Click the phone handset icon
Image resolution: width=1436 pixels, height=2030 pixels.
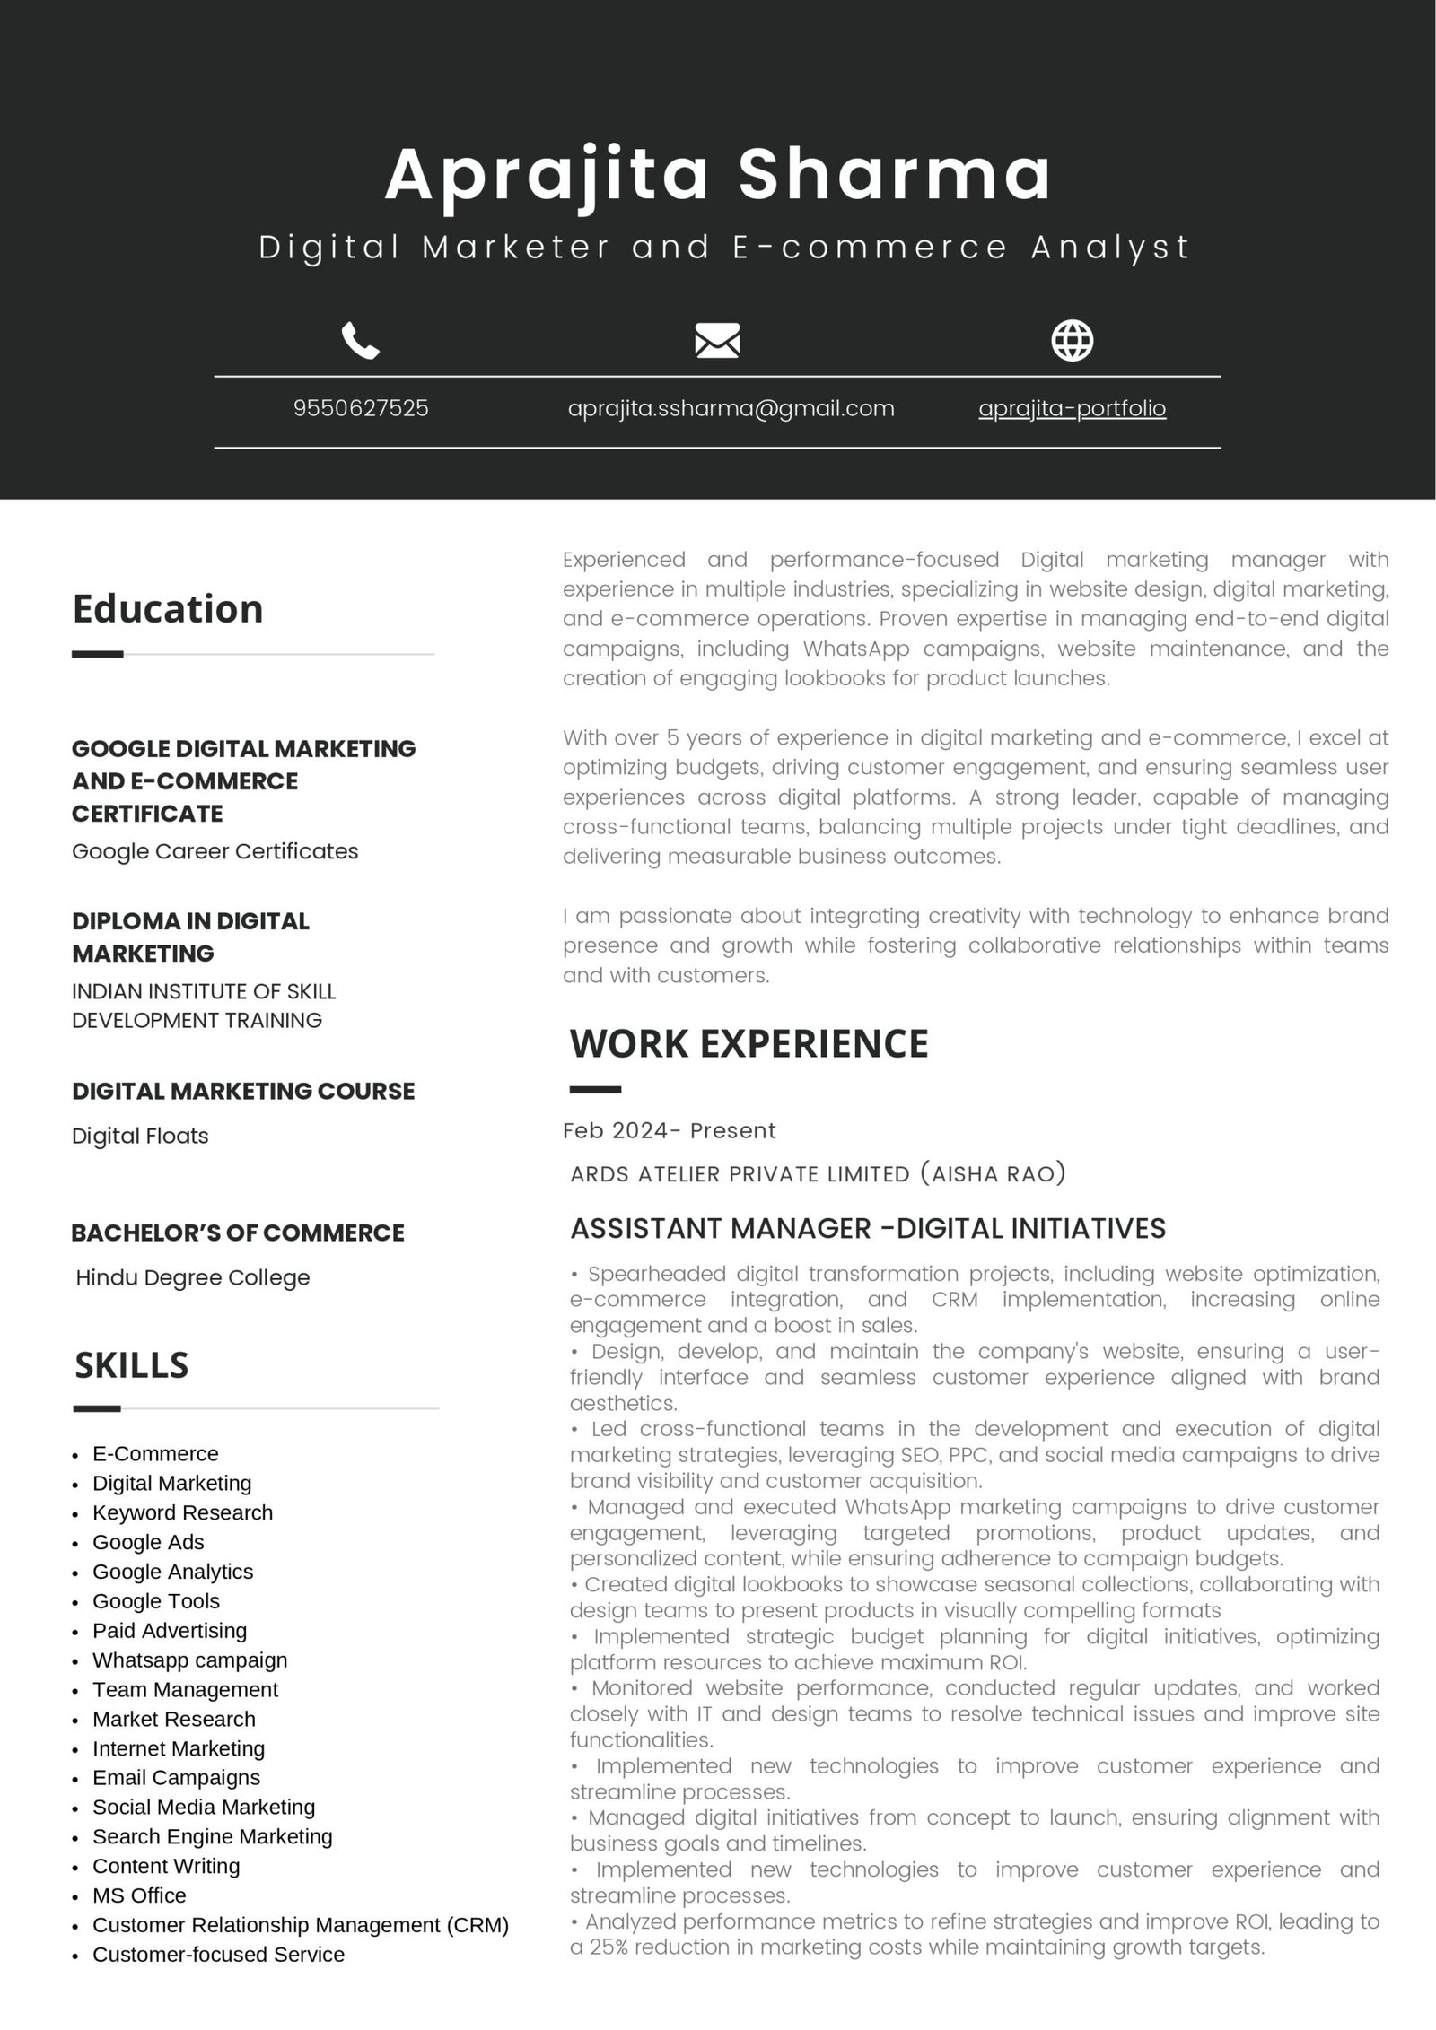point(361,341)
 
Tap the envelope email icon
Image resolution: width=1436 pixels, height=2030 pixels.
point(717,341)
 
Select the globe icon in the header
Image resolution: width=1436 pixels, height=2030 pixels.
point(1072,340)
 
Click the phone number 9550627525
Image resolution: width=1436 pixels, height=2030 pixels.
point(361,409)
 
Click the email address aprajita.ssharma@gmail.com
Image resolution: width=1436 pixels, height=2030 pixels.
point(731,409)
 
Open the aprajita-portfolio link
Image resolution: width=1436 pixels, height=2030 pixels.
point(1072,409)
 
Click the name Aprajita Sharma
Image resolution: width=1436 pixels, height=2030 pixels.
point(718,174)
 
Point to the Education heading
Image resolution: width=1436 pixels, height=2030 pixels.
point(168,609)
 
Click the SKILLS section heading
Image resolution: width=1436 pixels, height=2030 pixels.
point(132,1365)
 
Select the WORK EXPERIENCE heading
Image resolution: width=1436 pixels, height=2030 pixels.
point(749,1043)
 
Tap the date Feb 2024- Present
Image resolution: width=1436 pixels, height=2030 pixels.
point(669,1130)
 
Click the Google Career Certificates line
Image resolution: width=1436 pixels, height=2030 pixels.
point(215,851)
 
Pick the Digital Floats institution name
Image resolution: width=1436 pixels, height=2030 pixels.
point(140,1136)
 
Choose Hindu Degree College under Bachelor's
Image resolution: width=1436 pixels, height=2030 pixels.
point(193,1277)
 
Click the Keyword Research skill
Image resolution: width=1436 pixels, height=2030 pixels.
point(182,1512)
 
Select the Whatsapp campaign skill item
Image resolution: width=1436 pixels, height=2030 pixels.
point(189,1660)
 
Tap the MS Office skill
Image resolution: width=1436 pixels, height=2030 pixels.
point(139,1895)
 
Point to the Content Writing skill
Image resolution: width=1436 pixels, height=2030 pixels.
point(166,1866)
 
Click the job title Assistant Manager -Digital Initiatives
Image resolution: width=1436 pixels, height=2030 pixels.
point(868,1228)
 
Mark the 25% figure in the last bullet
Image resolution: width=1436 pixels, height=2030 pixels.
point(608,1947)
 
